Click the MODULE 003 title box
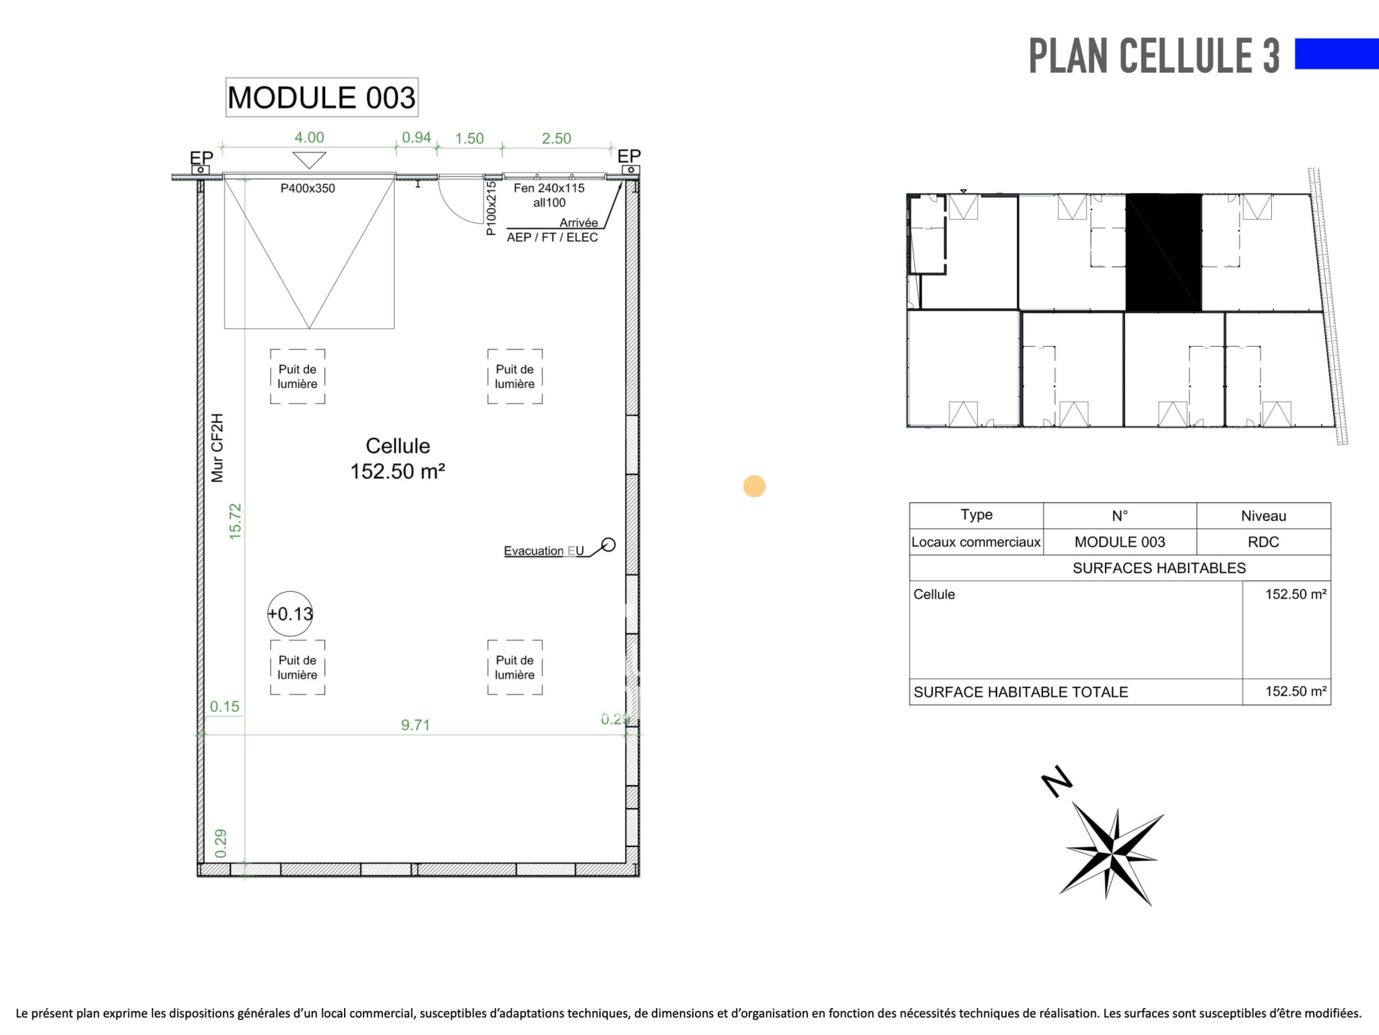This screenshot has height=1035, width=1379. [x=322, y=98]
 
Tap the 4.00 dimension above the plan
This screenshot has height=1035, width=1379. [x=309, y=137]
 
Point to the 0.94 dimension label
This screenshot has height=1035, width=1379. [x=416, y=137]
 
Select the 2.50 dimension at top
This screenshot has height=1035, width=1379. [x=556, y=138]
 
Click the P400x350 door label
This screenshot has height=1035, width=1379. [x=308, y=189]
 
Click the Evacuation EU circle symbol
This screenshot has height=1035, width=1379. [x=608, y=544]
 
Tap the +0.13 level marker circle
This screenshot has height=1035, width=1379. [x=290, y=613]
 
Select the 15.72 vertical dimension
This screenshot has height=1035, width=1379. [x=235, y=521]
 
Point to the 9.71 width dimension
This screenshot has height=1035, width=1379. [x=415, y=725]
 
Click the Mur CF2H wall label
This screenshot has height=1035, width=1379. [x=217, y=448]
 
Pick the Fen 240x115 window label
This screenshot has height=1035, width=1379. [x=549, y=189]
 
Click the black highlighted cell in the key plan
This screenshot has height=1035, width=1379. [x=1164, y=253]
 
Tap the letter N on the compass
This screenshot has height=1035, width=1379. [x=1056, y=781]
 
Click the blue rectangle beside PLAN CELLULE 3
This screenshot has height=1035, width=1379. [x=1337, y=54]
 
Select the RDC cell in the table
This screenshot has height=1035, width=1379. [x=1263, y=542]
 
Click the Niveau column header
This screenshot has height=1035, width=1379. [x=1263, y=516]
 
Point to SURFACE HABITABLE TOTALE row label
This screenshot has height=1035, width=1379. [x=1021, y=692]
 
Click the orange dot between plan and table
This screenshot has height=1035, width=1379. [x=754, y=486]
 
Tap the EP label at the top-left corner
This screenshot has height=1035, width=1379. [x=201, y=158]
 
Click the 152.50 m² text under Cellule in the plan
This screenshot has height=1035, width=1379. [x=397, y=471]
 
